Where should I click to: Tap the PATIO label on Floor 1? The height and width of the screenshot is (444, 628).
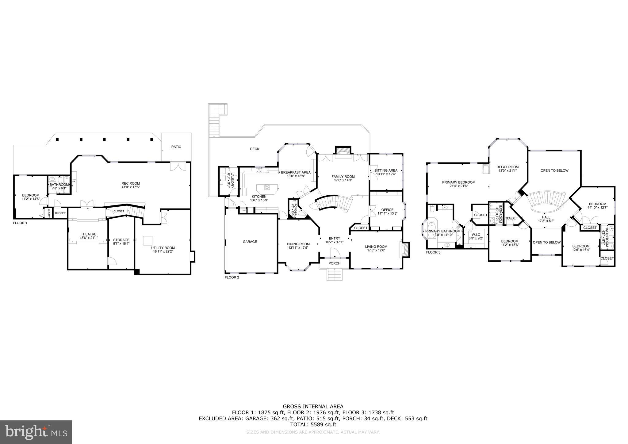176,147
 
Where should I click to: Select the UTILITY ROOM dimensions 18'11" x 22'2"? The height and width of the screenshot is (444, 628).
163,252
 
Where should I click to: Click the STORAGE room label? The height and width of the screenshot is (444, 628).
121,240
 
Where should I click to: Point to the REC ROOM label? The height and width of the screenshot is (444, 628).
131,183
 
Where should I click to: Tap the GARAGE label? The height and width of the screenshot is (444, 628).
250,242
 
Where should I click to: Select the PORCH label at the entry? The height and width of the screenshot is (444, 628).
335,263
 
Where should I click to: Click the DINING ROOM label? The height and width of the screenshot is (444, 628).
298,244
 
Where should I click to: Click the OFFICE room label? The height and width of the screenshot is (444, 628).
387,210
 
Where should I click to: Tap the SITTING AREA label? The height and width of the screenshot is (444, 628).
386,170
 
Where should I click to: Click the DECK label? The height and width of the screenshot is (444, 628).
255,149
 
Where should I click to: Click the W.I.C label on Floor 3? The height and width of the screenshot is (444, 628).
476,235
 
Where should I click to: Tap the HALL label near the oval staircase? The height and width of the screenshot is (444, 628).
546,217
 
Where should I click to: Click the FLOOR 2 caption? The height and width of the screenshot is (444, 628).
232,277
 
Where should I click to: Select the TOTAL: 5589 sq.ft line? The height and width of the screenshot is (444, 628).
313,425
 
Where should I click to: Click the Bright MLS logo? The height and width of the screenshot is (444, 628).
36,432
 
